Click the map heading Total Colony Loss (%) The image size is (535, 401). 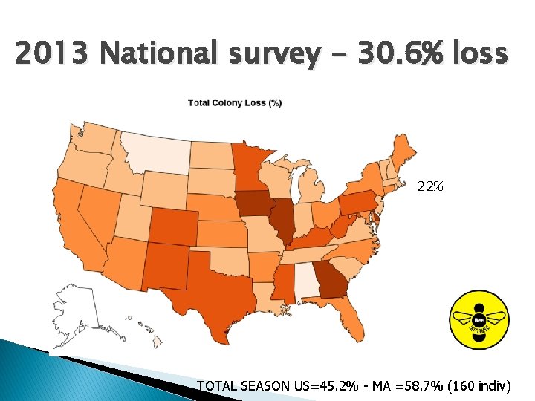[x=234, y=103]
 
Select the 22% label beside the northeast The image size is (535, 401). [x=430, y=186]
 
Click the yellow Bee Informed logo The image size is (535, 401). [x=479, y=319]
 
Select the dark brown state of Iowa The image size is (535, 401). [x=255, y=205]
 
